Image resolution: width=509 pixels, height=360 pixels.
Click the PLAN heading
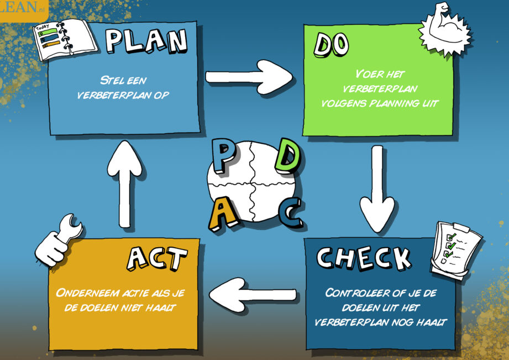(146, 41)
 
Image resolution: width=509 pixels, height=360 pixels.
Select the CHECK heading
(364, 259)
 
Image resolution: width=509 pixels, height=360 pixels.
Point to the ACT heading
(157, 258)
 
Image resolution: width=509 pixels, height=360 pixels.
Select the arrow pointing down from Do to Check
(377, 189)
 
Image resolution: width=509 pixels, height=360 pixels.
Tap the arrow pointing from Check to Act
(253, 295)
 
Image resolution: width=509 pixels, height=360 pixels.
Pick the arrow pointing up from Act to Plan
(125, 184)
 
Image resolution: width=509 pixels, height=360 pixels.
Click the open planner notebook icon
(65, 40)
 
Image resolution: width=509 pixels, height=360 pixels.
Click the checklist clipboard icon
(455, 250)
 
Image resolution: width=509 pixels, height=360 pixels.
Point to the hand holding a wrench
(59, 240)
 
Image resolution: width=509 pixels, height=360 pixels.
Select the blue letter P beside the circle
(224, 155)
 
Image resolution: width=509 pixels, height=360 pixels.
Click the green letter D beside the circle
(288, 156)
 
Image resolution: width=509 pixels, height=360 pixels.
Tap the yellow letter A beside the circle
(223, 215)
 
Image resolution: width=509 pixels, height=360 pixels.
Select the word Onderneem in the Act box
(88, 293)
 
